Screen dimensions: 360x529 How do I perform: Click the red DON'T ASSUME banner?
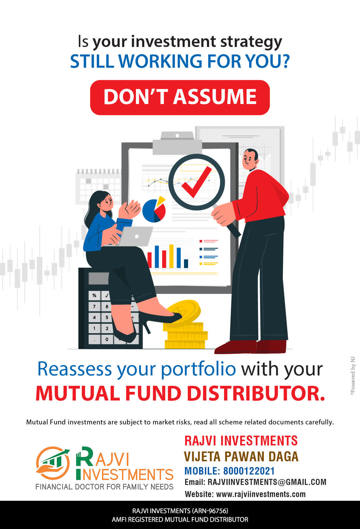click(x=180, y=97)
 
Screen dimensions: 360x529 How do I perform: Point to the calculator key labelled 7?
click(x=94, y=306)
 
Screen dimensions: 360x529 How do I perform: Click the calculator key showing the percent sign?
click(x=94, y=295)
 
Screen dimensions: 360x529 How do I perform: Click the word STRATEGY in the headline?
click(x=251, y=42)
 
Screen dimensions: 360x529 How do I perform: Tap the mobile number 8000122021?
click(x=249, y=471)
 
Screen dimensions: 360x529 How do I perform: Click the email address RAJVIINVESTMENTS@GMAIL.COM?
click(x=267, y=482)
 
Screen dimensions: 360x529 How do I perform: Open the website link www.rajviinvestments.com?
click(x=261, y=494)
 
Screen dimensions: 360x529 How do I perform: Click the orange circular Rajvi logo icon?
click(x=53, y=463)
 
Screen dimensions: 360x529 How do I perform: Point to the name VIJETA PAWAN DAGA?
click(x=241, y=456)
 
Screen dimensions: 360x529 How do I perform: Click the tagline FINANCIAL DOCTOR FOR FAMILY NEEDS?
click(x=104, y=487)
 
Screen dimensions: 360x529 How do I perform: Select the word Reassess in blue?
click(x=75, y=369)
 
